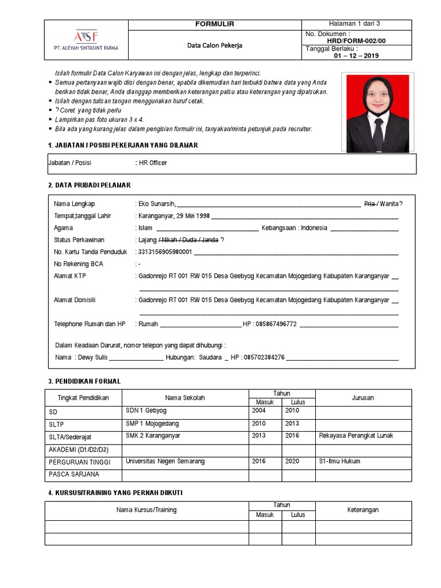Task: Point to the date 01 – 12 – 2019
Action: [356, 56]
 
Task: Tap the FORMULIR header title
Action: [215, 24]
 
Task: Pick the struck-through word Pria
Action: [370, 204]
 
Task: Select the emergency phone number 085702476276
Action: [264, 358]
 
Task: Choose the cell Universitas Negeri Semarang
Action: [165, 462]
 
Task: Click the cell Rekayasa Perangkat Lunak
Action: [356, 436]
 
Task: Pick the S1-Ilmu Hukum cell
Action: [339, 462]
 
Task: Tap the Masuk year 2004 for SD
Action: [259, 411]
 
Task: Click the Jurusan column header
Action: [363, 397]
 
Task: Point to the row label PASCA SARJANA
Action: [74, 474]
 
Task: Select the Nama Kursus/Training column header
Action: [146, 510]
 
